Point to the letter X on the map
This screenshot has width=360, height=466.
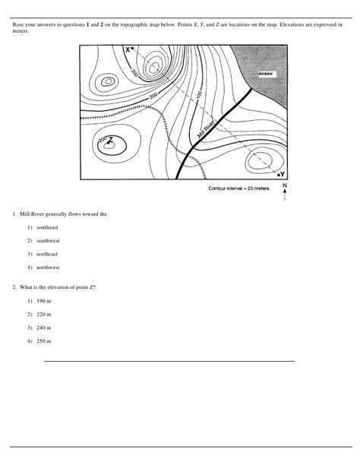click(128, 49)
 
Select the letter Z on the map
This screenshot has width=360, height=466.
click(111, 139)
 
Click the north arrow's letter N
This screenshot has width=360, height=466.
click(284, 185)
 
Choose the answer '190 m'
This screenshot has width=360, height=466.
click(36, 300)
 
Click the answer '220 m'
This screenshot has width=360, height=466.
click(36, 313)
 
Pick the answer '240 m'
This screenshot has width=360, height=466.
click(36, 327)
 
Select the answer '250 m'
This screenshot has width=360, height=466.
click(36, 341)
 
